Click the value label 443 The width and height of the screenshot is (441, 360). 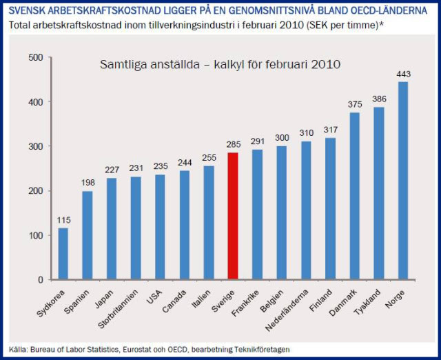pos(403,74)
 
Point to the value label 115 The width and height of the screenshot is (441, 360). pos(63,221)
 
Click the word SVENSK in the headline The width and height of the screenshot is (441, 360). pos(27,11)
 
